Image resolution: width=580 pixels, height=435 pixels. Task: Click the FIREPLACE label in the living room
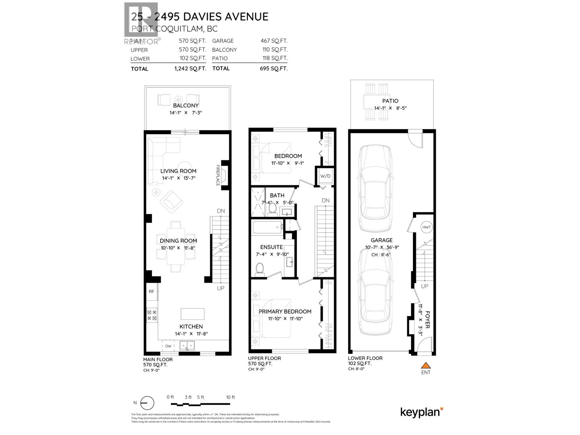click(218, 175)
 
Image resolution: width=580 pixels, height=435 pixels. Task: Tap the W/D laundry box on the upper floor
click(325, 176)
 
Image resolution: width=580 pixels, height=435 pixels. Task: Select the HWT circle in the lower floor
click(427, 227)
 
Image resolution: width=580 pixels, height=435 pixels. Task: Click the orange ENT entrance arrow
click(426, 365)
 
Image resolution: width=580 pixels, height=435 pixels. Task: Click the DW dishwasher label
click(168, 346)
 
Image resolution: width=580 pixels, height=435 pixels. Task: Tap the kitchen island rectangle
click(192, 314)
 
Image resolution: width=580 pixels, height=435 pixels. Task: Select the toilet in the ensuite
click(260, 270)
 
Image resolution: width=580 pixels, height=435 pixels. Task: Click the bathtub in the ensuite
click(267, 228)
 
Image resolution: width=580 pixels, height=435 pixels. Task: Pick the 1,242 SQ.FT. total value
click(190, 69)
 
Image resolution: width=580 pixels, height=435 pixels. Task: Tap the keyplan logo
click(422, 412)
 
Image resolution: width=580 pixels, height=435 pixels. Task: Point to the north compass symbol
click(146, 403)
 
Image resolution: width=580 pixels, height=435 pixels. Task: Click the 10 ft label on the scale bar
click(230, 397)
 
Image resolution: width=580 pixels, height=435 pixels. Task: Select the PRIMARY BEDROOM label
click(285, 311)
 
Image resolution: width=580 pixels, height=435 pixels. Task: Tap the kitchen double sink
click(188, 346)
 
